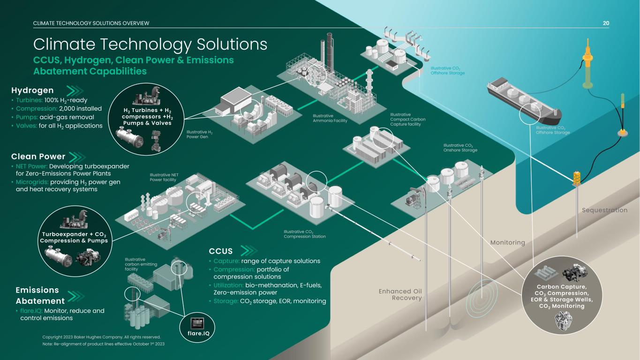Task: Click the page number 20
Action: tap(606, 23)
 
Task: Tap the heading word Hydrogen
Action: tap(32, 90)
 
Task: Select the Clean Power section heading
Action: tap(38, 157)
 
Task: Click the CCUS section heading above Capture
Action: tap(220, 251)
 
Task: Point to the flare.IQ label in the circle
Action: tap(198, 333)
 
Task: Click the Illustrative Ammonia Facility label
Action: tap(330, 118)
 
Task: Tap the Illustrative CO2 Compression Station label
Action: tap(305, 234)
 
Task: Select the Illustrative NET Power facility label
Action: tap(164, 177)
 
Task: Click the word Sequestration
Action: tap(604, 210)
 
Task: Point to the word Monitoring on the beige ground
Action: tap(508, 242)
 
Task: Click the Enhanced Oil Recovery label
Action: tap(400, 294)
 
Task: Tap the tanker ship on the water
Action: tap(524, 101)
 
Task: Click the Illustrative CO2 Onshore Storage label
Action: tap(460, 148)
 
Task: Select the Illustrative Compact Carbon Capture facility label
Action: tap(408, 120)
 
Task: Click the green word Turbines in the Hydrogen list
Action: tap(29, 100)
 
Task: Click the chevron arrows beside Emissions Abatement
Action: tap(76, 296)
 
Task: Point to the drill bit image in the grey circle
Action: tap(563, 321)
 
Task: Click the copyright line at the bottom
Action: tap(101, 337)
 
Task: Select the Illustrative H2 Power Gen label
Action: tap(199, 134)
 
